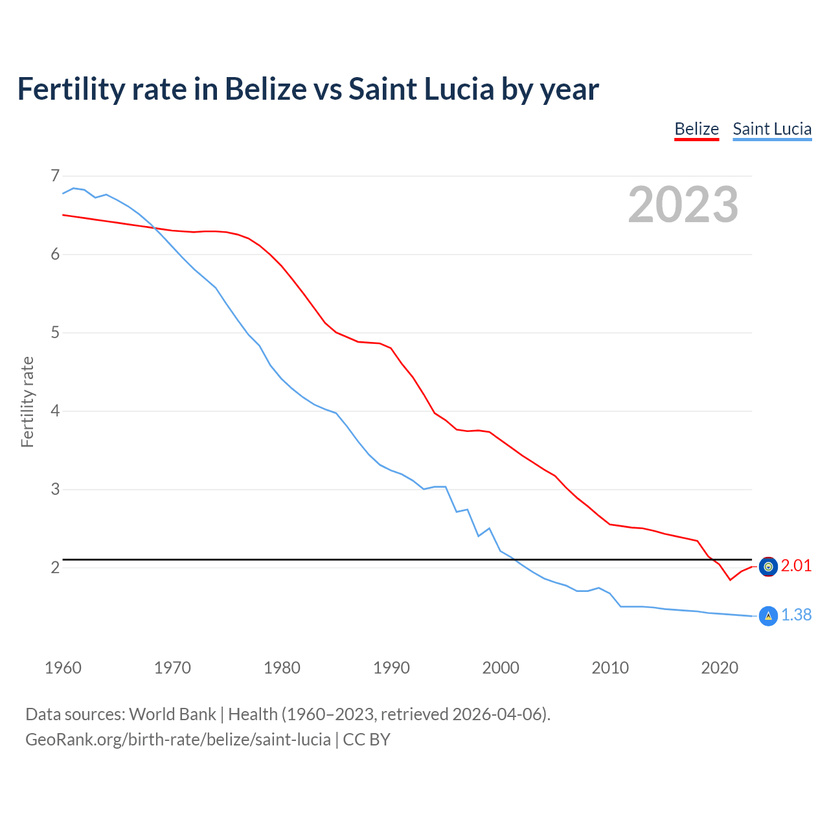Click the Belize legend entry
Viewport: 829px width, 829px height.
coord(696,129)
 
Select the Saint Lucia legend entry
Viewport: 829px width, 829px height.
coord(772,129)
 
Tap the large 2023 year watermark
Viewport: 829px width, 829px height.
coord(683,205)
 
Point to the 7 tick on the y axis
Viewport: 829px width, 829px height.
coord(55,176)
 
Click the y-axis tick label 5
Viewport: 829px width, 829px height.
coord(55,333)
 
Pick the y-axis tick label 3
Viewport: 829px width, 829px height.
coord(55,490)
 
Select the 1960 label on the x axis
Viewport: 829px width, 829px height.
coord(63,668)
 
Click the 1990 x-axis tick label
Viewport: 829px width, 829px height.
coord(391,668)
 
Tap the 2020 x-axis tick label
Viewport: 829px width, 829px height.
coord(720,668)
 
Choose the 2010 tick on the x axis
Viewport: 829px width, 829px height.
coord(610,668)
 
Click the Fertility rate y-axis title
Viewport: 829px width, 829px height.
coord(27,402)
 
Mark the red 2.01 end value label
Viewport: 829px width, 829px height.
coord(796,566)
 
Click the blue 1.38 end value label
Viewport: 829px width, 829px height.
coord(796,615)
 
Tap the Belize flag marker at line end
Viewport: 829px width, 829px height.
coord(768,567)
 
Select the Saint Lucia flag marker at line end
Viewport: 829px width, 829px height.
coord(768,616)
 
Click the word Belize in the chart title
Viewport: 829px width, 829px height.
coord(266,89)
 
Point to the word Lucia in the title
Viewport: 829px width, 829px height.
coord(459,89)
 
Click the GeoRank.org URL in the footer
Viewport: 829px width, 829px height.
coord(178,740)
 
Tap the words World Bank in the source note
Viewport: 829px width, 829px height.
coord(172,714)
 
